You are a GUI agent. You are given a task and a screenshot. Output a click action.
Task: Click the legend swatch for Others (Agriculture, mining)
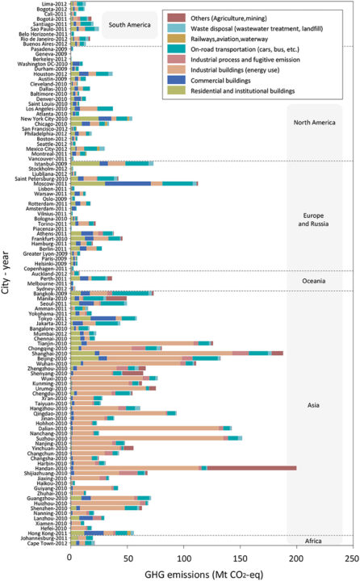point(173,16)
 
